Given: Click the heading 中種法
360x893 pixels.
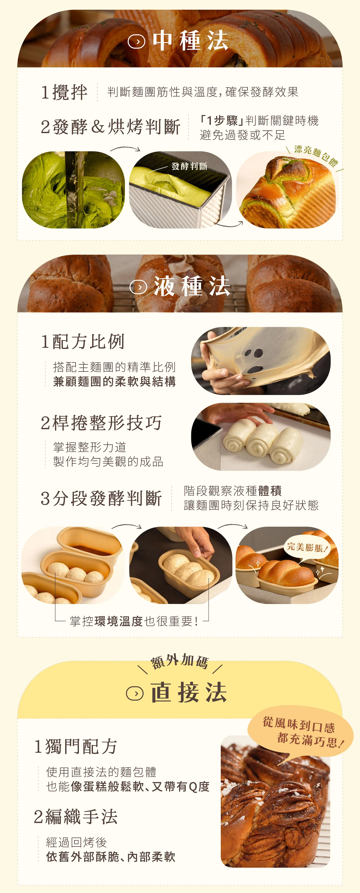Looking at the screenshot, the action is tap(190, 41).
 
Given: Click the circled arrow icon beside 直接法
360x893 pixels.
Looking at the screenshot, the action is tap(135, 693).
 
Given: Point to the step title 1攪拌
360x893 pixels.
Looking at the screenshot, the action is tap(64, 92).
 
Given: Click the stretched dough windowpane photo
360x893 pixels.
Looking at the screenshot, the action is tap(261, 361).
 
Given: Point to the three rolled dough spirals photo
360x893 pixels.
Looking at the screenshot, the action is tap(261, 436).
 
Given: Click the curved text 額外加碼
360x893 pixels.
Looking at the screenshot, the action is tap(179, 661).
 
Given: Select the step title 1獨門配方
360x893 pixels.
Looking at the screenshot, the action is tap(76, 746).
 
